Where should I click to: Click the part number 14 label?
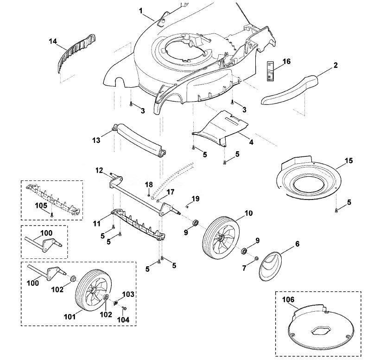(x=53, y=41)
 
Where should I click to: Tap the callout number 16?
(x=286, y=61)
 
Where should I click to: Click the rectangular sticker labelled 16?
(x=270, y=71)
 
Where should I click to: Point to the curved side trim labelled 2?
(x=289, y=89)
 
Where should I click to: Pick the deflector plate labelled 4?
(x=220, y=129)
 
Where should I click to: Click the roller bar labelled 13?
(x=140, y=140)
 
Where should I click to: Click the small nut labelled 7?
(x=256, y=258)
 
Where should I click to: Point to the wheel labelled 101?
(x=94, y=290)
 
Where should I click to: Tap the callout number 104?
(x=123, y=320)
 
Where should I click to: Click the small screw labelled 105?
(x=52, y=214)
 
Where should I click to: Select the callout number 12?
(x=99, y=170)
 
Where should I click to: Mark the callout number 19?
(x=196, y=199)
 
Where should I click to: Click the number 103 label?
(x=128, y=294)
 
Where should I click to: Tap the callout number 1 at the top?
(x=141, y=11)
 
